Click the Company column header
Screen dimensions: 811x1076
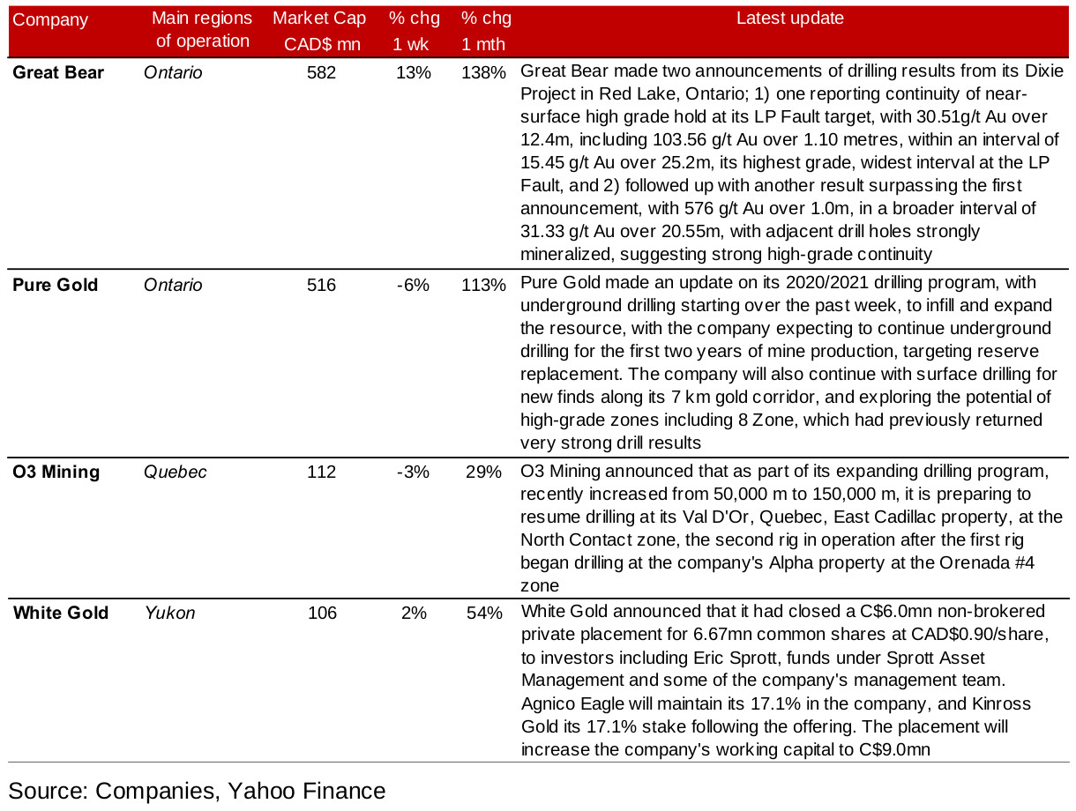pyautogui.click(x=50, y=19)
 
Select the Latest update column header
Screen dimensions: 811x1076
pyautogui.click(x=789, y=19)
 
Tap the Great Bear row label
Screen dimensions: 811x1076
pyautogui.click(x=58, y=73)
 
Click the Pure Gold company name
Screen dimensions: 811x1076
pyautogui.click(x=56, y=285)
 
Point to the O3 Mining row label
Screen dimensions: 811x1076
pyautogui.click(x=56, y=472)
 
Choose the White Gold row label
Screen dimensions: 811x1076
pyautogui.click(x=61, y=613)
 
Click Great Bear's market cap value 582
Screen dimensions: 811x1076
pyautogui.click(x=321, y=73)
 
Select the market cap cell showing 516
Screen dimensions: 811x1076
pyautogui.click(x=321, y=285)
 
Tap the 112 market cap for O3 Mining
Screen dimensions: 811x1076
pyautogui.click(x=321, y=472)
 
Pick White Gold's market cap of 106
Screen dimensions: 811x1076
pyautogui.click(x=321, y=613)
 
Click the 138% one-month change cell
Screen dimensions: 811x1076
pyautogui.click(x=483, y=73)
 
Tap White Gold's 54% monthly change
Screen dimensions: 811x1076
pyautogui.click(x=484, y=613)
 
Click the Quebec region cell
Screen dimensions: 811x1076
pyautogui.click(x=176, y=472)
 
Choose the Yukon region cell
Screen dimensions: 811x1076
pyautogui.click(x=169, y=613)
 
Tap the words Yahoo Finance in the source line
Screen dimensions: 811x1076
pyautogui.click(x=307, y=791)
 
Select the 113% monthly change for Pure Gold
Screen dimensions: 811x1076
pyautogui.click(x=483, y=285)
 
